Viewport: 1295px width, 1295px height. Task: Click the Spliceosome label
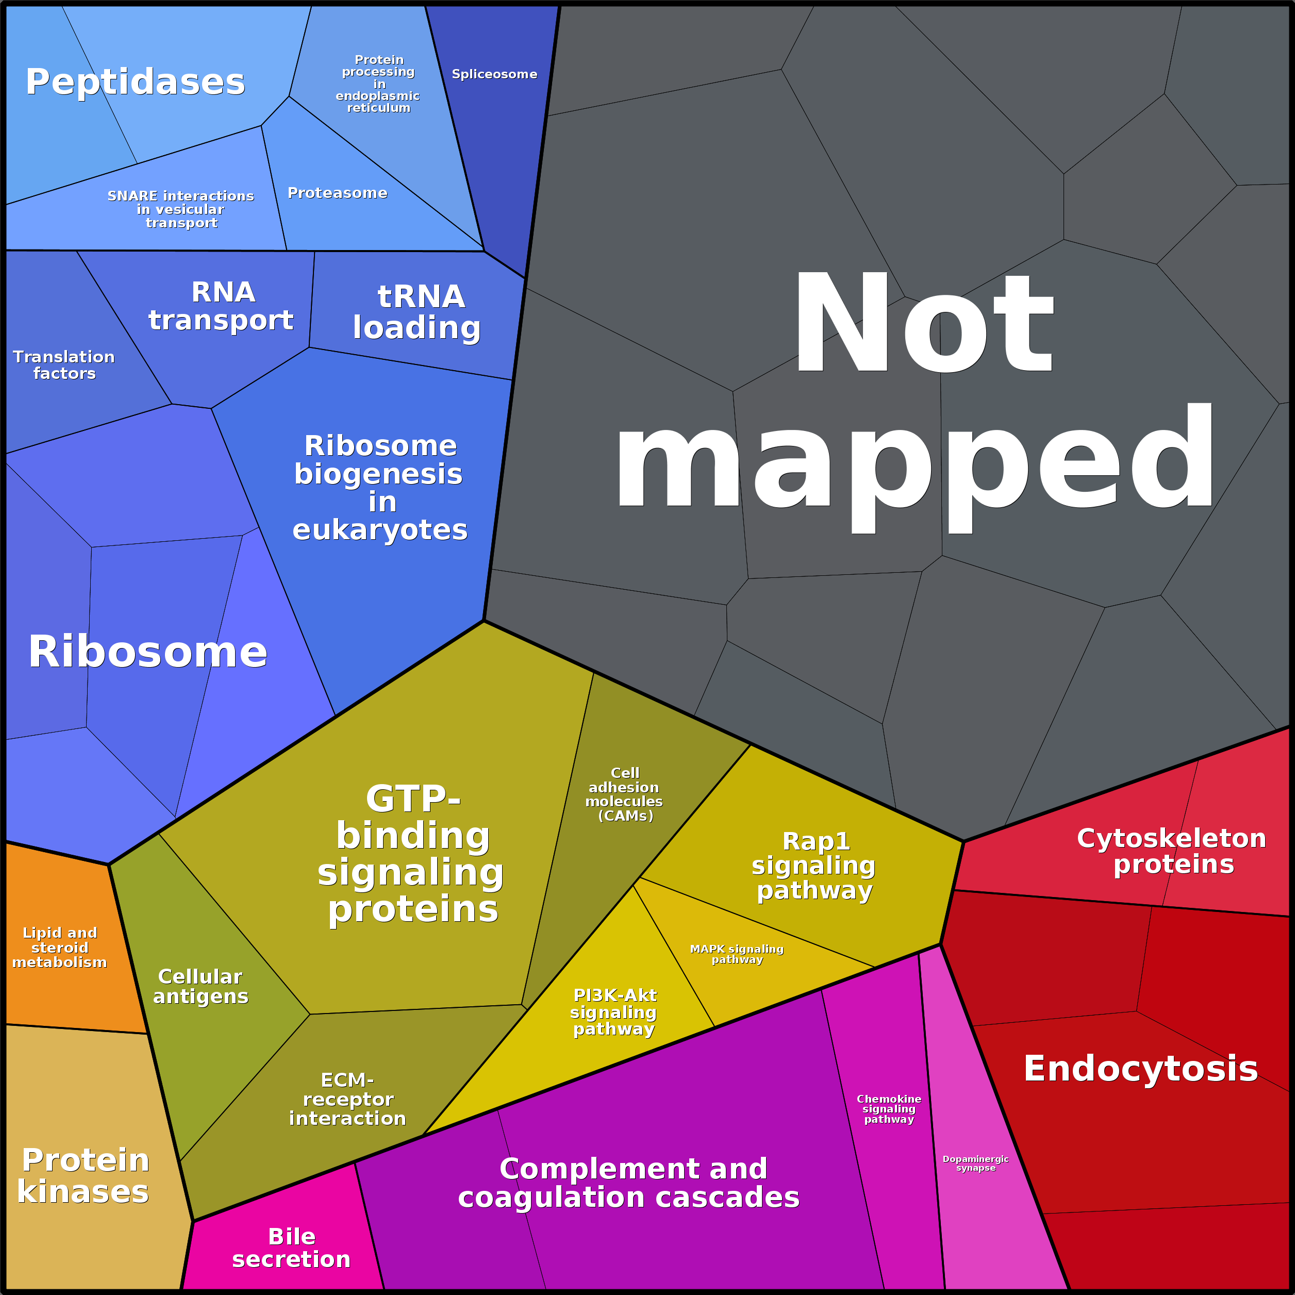[494, 74]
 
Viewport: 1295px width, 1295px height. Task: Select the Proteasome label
[337, 193]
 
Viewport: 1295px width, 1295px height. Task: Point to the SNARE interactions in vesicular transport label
[181, 209]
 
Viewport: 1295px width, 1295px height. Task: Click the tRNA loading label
[417, 312]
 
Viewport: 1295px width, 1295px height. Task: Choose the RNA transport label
[221, 306]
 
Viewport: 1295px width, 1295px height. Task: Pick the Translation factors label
[64, 364]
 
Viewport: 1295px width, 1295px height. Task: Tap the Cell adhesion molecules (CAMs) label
[624, 794]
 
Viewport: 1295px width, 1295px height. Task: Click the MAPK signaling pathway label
[737, 954]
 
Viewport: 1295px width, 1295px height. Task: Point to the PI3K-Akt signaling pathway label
[614, 1012]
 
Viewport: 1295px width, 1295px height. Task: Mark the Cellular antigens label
[201, 986]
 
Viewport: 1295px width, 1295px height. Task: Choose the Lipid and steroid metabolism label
[60, 947]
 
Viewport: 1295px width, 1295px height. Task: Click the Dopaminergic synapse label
[975, 1163]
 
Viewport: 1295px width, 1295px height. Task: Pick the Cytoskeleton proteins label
[1172, 851]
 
